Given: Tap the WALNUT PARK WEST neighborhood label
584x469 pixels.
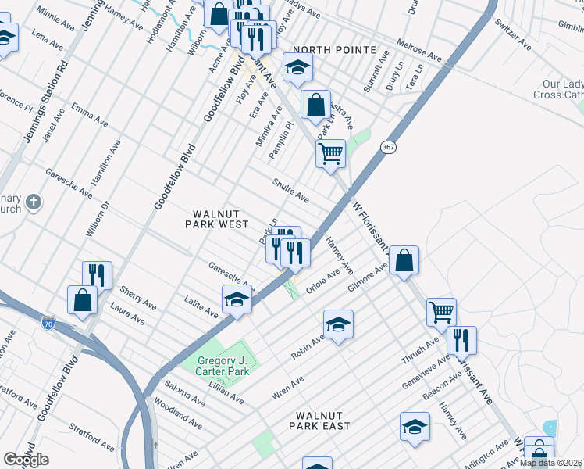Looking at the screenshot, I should [x=216, y=219].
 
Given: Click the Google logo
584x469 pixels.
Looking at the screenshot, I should [x=26, y=460].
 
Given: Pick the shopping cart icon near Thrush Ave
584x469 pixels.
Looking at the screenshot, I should [x=441, y=311].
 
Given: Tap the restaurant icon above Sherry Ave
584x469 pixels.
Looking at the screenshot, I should [x=98, y=274].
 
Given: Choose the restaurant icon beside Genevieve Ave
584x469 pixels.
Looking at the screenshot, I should [x=461, y=339].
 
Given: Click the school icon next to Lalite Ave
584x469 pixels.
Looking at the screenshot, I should [x=237, y=299].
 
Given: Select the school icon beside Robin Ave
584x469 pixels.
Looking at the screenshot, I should [x=338, y=323].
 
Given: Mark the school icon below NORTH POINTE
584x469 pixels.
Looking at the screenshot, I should [x=297, y=70].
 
